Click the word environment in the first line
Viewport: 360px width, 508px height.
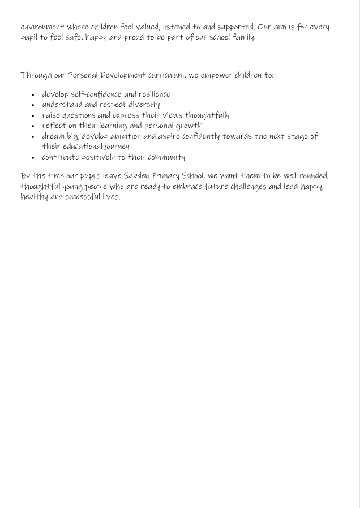[42, 27]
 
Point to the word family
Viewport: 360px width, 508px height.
[244, 38]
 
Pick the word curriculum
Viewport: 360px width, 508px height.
[166, 75]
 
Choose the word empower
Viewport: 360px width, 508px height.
[216, 75]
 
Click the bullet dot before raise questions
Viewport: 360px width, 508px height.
[33, 116]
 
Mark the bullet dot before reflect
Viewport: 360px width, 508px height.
[33, 126]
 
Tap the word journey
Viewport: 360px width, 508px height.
[116, 147]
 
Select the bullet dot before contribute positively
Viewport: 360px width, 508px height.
[33, 158]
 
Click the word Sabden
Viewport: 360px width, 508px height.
[136, 176]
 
